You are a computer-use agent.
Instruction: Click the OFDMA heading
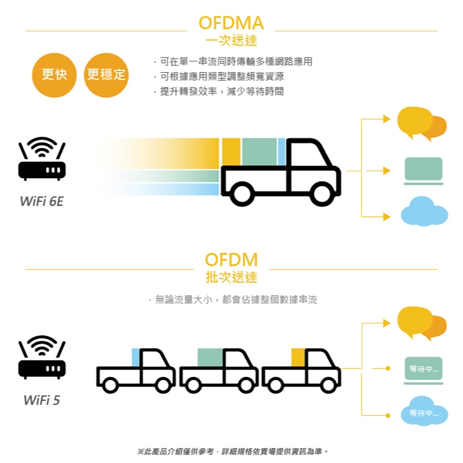pyautogui.click(x=231, y=23)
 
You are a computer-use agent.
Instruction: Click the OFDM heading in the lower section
pyautogui.click(x=231, y=260)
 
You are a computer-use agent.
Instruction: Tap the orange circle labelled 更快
pyautogui.click(x=54, y=75)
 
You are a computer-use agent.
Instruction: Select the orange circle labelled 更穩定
pyautogui.click(x=106, y=75)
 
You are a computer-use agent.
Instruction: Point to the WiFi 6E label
pyautogui.click(x=41, y=201)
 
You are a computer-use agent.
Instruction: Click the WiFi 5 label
pyautogui.click(x=41, y=400)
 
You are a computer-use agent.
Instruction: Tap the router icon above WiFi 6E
pyautogui.click(x=42, y=160)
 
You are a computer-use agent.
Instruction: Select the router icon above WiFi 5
pyautogui.click(x=42, y=357)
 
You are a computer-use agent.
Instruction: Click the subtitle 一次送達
pyautogui.click(x=231, y=41)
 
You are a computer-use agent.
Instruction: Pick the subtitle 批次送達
pyautogui.click(x=231, y=278)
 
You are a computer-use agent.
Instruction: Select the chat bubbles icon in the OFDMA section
pyautogui.click(x=422, y=124)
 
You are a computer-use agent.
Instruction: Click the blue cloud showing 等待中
pyautogui.click(x=424, y=412)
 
